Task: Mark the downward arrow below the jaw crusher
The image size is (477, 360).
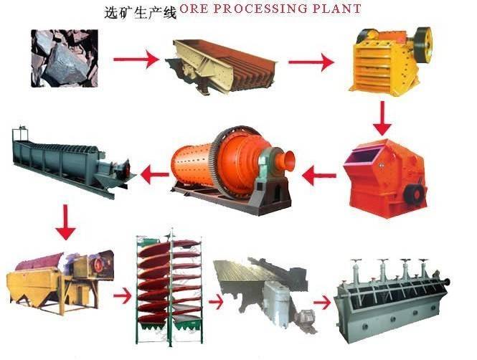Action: pyautogui.click(x=383, y=118)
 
